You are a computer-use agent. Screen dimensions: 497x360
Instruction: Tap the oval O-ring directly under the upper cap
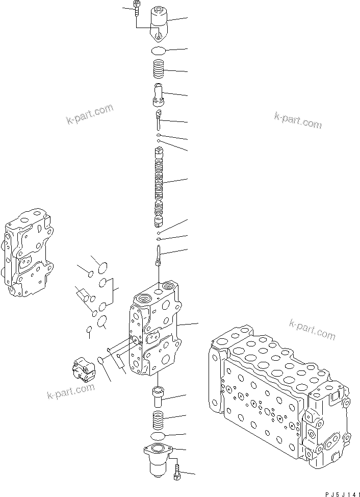[x=160, y=51]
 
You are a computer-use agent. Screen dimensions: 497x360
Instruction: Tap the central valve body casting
[x=156, y=332]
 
